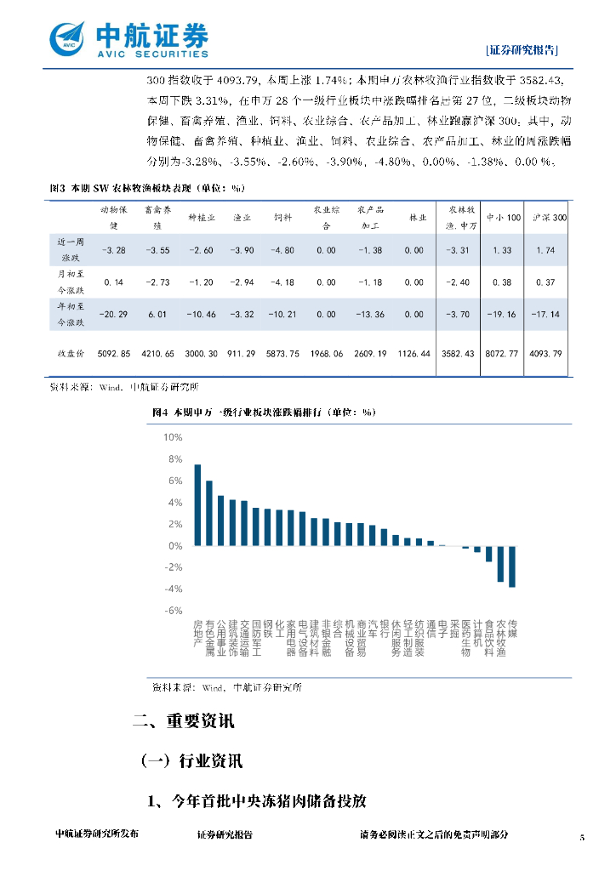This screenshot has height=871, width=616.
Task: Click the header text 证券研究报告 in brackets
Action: point(522,49)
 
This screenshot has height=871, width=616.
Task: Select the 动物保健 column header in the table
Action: point(114,217)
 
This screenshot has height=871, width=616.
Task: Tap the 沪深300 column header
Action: point(548,218)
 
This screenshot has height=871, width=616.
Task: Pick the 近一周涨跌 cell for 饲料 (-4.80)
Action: point(282,250)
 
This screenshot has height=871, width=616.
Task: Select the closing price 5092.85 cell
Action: point(114,353)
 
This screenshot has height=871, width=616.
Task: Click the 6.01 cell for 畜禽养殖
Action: point(157,314)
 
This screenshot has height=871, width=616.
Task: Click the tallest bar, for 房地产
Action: point(197,504)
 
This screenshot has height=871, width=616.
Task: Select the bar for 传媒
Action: point(512,566)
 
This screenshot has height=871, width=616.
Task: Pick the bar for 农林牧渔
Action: point(501,564)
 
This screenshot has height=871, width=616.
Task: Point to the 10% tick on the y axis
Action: point(173,437)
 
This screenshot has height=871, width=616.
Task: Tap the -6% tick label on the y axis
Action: point(173,611)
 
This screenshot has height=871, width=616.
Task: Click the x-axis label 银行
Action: point(384,629)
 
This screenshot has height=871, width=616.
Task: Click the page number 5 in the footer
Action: point(582,837)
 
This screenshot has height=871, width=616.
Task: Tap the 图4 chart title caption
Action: point(264,412)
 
